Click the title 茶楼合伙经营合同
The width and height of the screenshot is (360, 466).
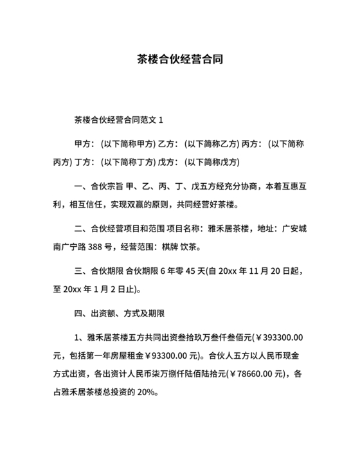(180, 59)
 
